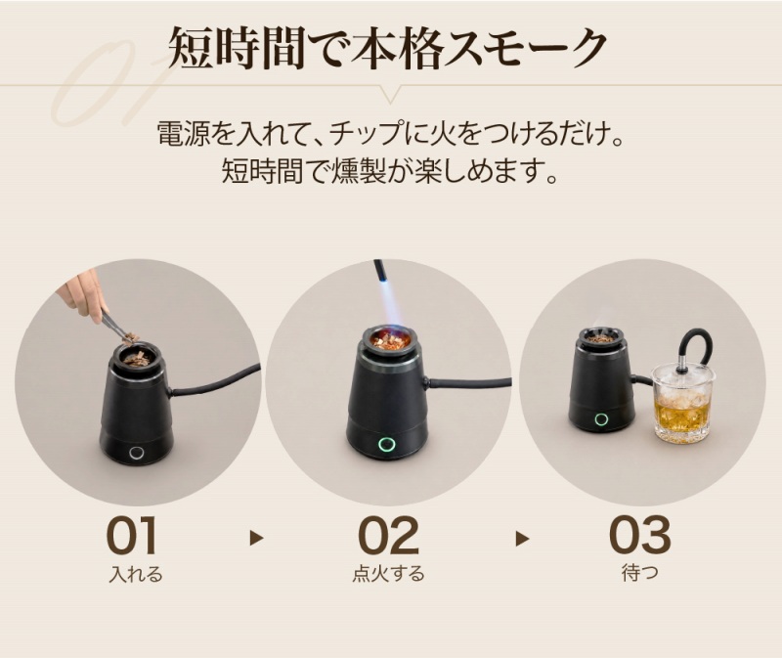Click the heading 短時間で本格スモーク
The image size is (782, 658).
pyautogui.click(x=387, y=48)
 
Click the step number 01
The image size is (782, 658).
pyautogui.click(x=132, y=536)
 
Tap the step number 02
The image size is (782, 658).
pyautogui.click(x=388, y=536)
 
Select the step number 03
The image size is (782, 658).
pyautogui.click(x=640, y=536)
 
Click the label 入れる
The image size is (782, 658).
pyautogui.click(x=136, y=574)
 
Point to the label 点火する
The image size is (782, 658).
pyautogui.click(x=388, y=574)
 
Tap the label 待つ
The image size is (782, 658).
pyautogui.click(x=640, y=573)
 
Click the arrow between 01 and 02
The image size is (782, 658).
pyautogui.click(x=256, y=538)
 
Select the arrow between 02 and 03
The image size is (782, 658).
pyautogui.click(x=522, y=539)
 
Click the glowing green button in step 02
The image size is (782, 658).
pyautogui.click(x=385, y=444)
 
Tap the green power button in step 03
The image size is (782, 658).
pyautogui.click(x=601, y=419)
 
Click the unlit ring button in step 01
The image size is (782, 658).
pyautogui.click(x=136, y=453)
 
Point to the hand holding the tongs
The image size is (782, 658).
pyautogui.click(x=82, y=294)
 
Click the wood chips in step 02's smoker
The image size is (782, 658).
pyautogui.click(x=390, y=342)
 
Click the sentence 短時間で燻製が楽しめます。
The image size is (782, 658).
pyautogui.click(x=389, y=171)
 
